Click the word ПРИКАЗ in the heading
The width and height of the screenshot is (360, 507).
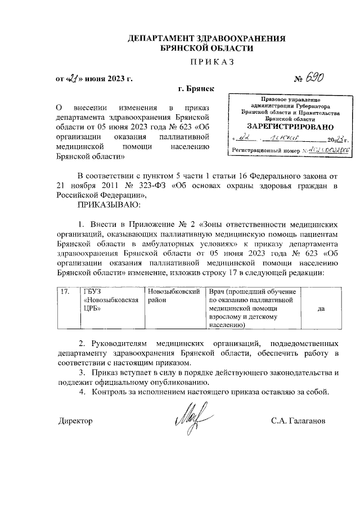[x=208, y=60]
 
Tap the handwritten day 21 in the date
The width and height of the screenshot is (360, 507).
[x=72, y=79]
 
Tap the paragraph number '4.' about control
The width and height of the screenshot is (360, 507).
[x=82, y=392]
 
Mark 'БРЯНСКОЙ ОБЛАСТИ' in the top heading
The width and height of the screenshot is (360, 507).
[x=206, y=48]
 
